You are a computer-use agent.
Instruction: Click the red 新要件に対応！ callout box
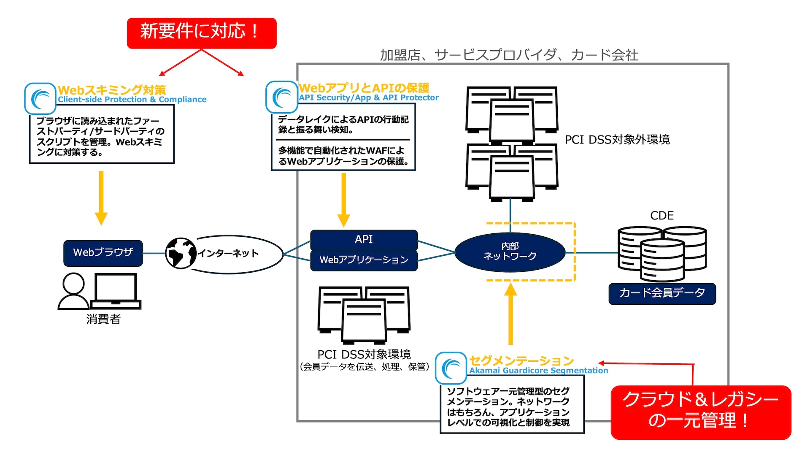coord(202,33)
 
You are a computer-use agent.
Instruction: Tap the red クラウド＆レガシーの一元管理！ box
coord(700,412)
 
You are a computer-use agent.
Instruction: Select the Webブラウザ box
coord(103,253)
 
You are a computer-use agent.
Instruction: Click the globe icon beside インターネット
coord(181,253)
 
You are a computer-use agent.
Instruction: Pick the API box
coord(364,240)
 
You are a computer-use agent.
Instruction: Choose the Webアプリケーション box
coord(364,260)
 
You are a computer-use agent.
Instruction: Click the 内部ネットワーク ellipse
coord(510,252)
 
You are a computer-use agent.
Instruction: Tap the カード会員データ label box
coord(662,293)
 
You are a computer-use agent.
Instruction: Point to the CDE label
coord(662,216)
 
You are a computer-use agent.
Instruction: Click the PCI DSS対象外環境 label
coord(617,140)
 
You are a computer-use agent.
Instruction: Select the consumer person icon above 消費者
coord(73,291)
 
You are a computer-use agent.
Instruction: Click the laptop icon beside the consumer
coord(116,291)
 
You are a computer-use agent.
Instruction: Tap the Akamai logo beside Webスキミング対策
coord(40,98)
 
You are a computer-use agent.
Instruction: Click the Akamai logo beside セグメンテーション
coord(451,368)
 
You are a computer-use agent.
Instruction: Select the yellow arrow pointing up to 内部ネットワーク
coord(510,314)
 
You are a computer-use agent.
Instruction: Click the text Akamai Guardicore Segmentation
coord(539,371)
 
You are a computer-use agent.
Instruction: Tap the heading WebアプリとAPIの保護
coord(364,88)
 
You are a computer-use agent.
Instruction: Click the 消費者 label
coord(103,319)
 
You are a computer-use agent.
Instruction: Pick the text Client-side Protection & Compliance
coord(132,100)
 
